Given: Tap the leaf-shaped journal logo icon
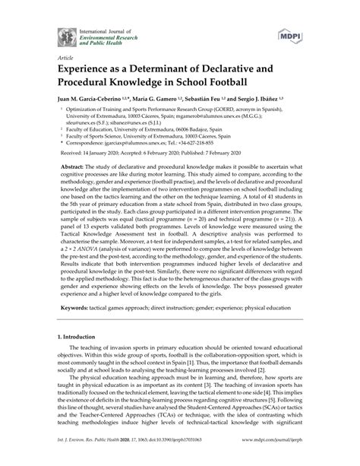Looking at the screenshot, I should point(64,35).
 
